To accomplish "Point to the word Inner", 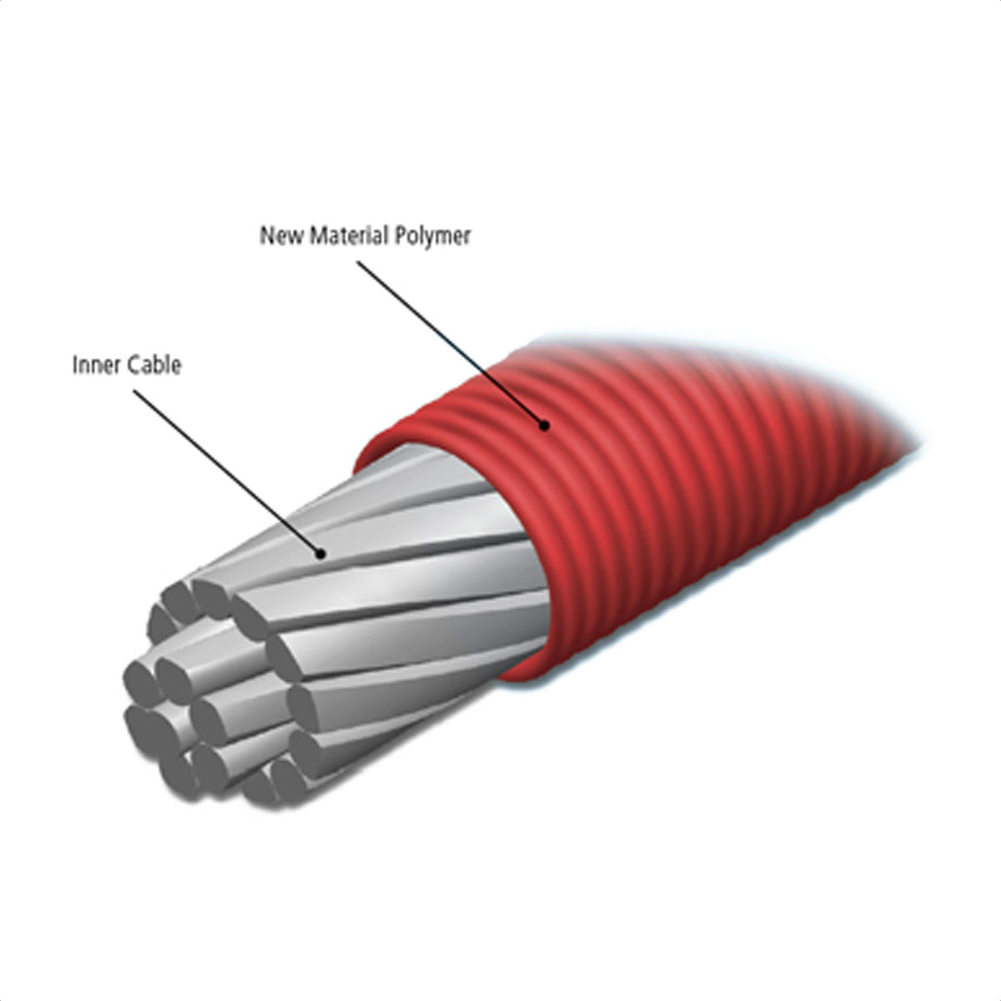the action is pyautogui.click(x=97, y=365).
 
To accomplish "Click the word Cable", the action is pyautogui.click(x=154, y=365).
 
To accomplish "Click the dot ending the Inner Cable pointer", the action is pyautogui.click(x=321, y=554).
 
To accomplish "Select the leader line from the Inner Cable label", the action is pyautogui.click(x=227, y=472).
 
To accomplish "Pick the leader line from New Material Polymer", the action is pyautogui.click(x=450, y=344).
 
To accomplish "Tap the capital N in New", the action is pyautogui.click(x=266, y=235).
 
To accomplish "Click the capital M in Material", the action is pyautogui.click(x=319, y=235).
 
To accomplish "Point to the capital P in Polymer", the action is pyautogui.click(x=400, y=235).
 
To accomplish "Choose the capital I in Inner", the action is pyautogui.click(x=75, y=365).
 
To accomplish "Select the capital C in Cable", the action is pyautogui.click(x=133, y=365).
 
